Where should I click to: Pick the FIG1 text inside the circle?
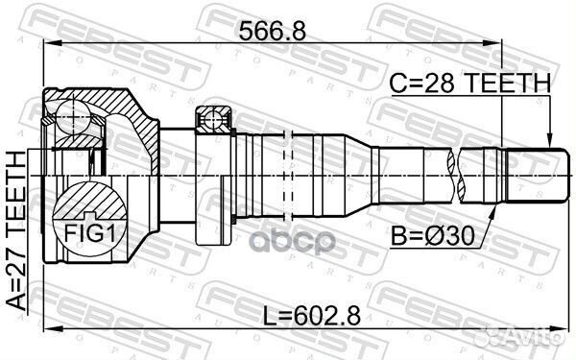(x=87, y=230)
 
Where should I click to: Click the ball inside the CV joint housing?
(x=72, y=119)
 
